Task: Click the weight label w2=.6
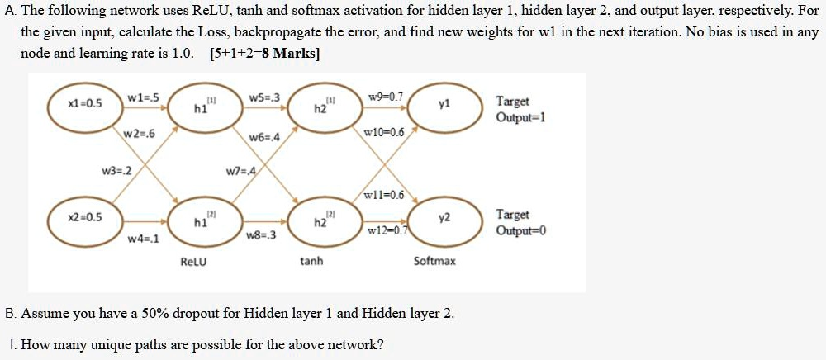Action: (139, 135)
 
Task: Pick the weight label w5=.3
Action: (264, 98)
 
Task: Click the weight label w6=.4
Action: (264, 136)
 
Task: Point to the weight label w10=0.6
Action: (384, 133)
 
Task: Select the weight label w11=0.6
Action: (384, 195)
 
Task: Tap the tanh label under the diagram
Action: (311, 262)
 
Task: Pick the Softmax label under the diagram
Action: (434, 262)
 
